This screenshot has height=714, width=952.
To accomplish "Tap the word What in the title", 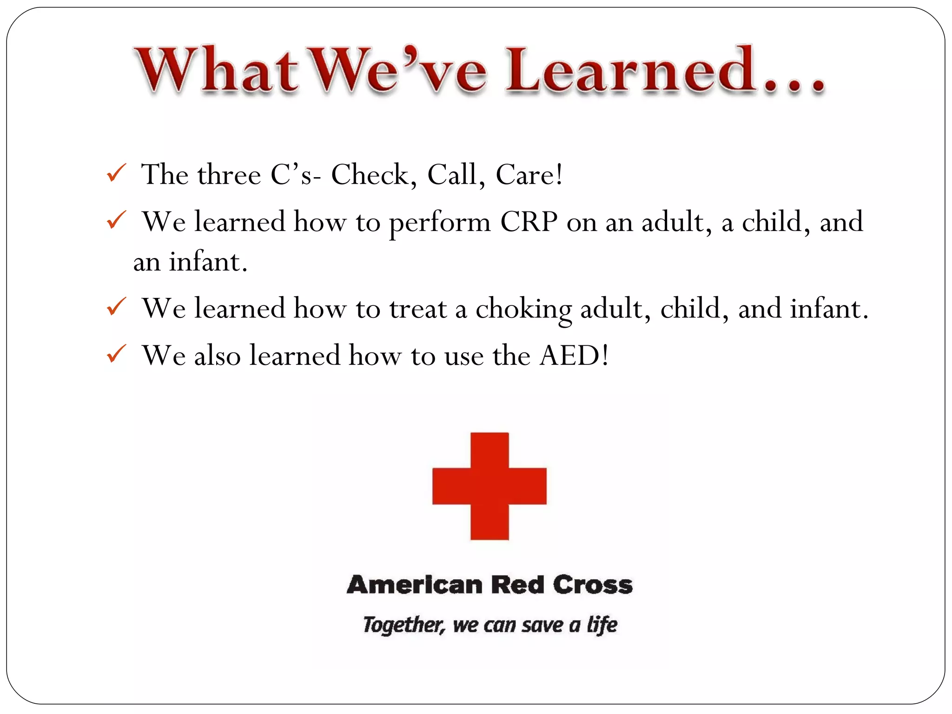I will (x=216, y=70).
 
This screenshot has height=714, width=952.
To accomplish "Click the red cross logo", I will (x=489, y=486).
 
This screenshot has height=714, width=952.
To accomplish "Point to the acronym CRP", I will (x=529, y=222).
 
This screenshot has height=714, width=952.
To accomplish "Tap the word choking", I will (x=523, y=309).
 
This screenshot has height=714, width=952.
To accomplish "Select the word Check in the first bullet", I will (x=370, y=175).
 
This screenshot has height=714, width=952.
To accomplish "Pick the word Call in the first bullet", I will (x=452, y=175).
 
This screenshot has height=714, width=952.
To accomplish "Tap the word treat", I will (x=418, y=309).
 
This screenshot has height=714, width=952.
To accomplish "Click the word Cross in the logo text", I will (x=593, y=585).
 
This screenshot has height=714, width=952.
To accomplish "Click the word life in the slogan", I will (x=602, y=625).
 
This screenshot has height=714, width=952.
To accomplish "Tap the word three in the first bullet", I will (x=229, y=175).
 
